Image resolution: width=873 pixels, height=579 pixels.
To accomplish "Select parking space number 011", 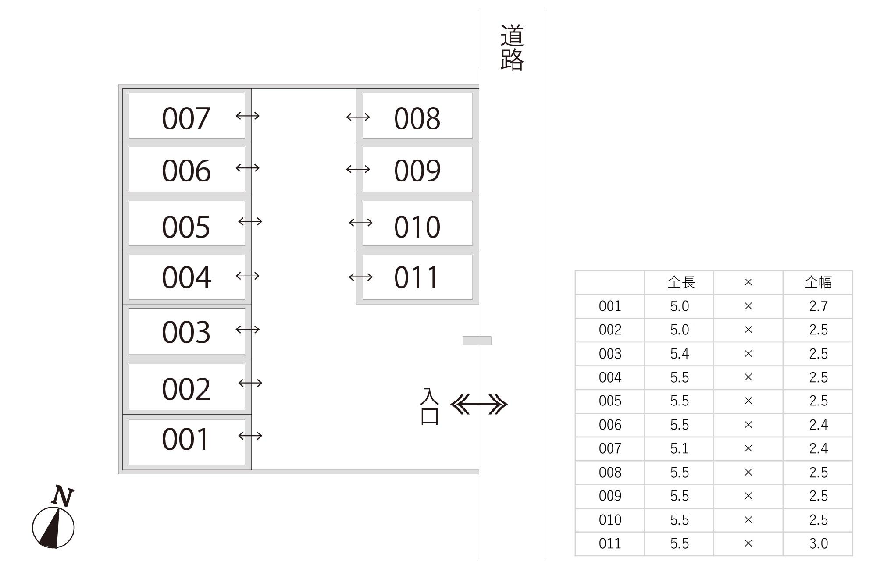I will click(x=417, y=277).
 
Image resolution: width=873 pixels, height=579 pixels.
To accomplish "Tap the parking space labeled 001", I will click(x=186, y=441).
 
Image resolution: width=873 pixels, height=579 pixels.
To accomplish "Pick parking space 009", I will click(x=417, y=170).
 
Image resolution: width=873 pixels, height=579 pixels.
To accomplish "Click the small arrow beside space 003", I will click(x=248, y=330).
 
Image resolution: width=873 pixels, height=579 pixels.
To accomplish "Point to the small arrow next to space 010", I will click(x=360, y=223).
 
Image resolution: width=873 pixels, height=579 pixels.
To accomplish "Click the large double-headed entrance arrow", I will click(x=479, y=404).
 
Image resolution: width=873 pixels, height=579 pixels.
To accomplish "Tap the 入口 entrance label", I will click(x=429, y=406).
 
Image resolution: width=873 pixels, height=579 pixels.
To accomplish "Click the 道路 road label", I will click(x=512, y=47).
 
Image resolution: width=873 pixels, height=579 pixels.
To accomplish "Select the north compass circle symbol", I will click(x=53, y=527).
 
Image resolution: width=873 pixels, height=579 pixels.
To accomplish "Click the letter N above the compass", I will click(x=62, y=496).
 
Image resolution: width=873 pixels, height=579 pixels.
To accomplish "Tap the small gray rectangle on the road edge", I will click(x=477, y=341).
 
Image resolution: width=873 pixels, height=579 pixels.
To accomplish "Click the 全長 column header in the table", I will click(x=681, y=282).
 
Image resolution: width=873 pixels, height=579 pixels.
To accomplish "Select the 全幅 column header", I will click(x=818, y=282).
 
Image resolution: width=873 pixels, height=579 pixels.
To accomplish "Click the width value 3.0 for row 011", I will click(x=818, y=543).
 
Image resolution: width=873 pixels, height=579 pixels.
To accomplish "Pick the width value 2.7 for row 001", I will click(x=818, y=306).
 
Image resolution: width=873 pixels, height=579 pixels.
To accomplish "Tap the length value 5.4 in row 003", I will click(x=679, y=354).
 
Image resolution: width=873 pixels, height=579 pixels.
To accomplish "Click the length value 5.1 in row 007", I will click(x=679, y=448).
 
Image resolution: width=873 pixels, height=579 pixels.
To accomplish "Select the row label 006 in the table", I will click(x=610, y=425).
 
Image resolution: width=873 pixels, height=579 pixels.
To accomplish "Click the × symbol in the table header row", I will click(x=748, y=282).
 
